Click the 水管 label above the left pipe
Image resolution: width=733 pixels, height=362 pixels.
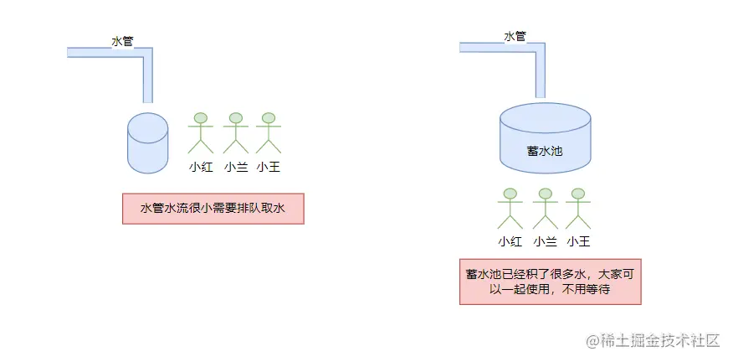coord(123,40)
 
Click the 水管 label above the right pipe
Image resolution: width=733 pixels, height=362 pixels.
coord(515,36)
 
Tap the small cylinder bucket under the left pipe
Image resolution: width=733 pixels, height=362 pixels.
coord(147,143)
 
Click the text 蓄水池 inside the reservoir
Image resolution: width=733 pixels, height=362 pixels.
coord(545,150)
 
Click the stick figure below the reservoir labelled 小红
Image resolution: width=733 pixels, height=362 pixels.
coord(510,209)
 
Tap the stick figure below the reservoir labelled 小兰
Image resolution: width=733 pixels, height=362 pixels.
coord(545,209)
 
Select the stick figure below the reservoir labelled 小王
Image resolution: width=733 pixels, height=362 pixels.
coord(577,209)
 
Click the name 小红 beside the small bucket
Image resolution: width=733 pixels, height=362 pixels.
coord(201,167)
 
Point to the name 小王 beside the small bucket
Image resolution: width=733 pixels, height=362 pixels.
coord(268,167)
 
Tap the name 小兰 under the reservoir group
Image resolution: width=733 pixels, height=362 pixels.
coord(545,242)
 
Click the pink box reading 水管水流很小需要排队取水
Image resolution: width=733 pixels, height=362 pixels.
coord(213,209)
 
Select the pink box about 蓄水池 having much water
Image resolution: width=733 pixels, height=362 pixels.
coord(550,281)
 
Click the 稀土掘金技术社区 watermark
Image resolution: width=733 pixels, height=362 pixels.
coord(653,340)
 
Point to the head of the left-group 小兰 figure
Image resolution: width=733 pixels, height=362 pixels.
coord(236,118)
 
